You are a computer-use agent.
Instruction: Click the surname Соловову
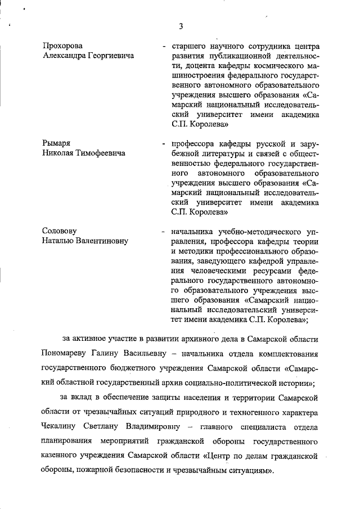61,231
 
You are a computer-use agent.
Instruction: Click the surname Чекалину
62,426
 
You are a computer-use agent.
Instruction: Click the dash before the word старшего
163,46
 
